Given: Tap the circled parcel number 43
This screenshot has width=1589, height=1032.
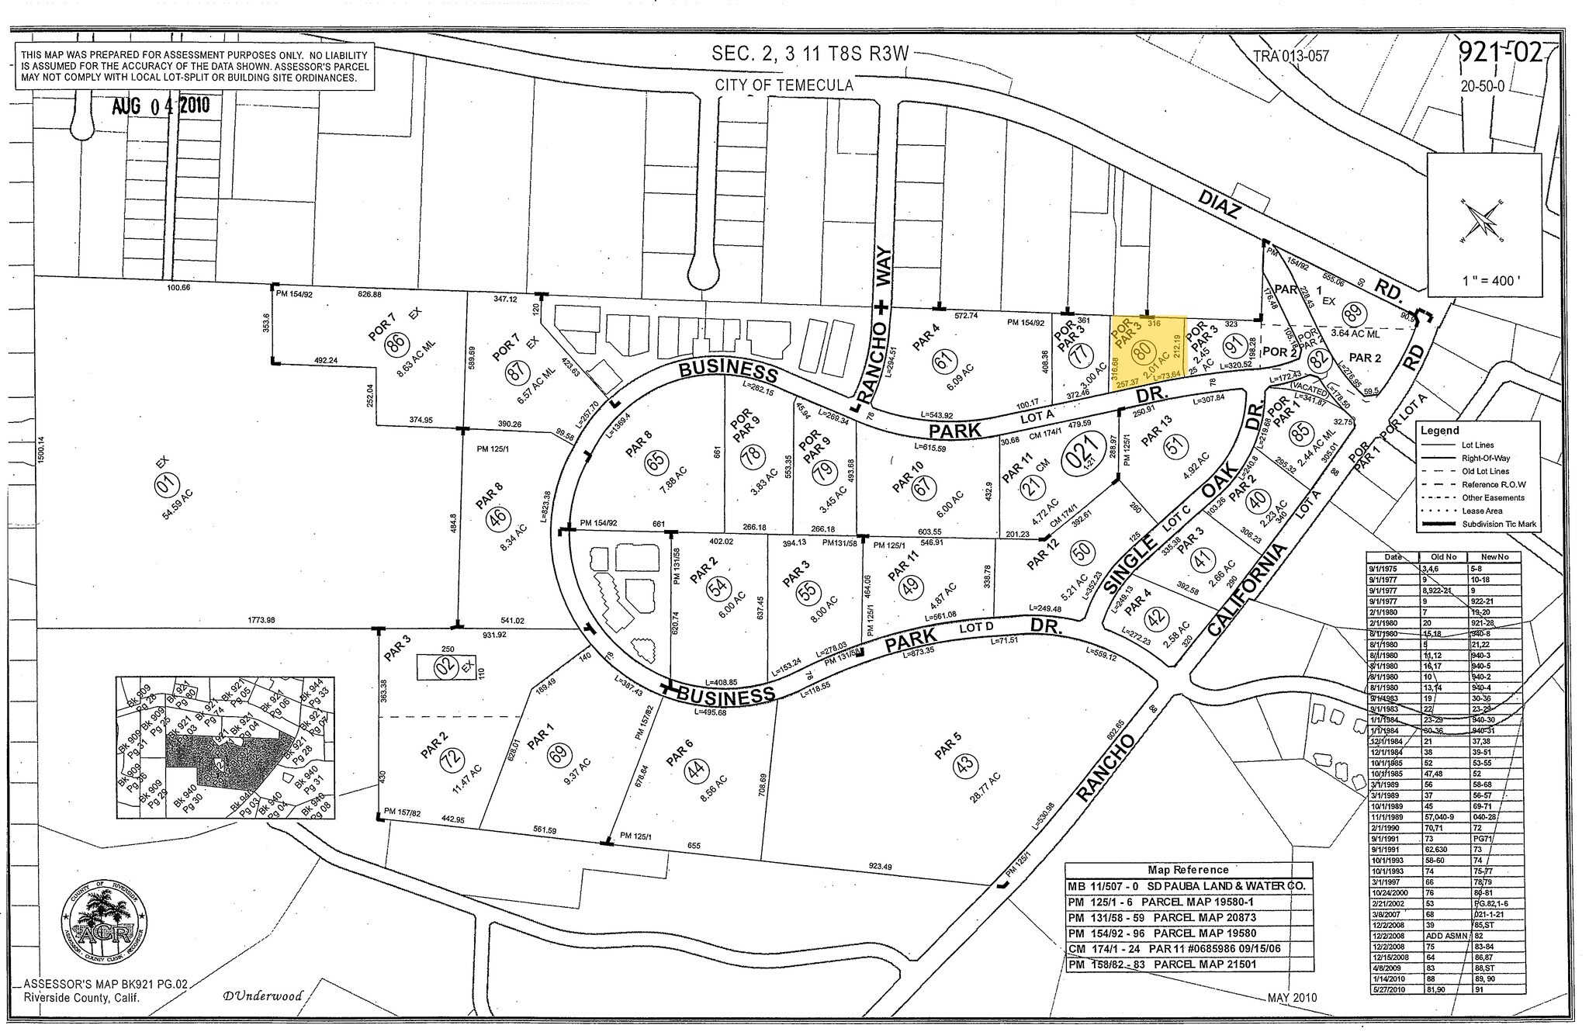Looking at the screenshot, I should [x=964, y=766].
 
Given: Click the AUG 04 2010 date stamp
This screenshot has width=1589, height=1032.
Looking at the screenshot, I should [x=161, y=106].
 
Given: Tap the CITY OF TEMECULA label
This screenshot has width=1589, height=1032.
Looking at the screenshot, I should [x=784, y=85].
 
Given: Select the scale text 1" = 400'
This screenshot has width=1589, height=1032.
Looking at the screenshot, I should [x=1484, y=280].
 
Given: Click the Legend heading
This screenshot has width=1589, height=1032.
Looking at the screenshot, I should [x=1439, y=430].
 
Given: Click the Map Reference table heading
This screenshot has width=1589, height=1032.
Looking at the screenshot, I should [x=1187, y=870].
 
